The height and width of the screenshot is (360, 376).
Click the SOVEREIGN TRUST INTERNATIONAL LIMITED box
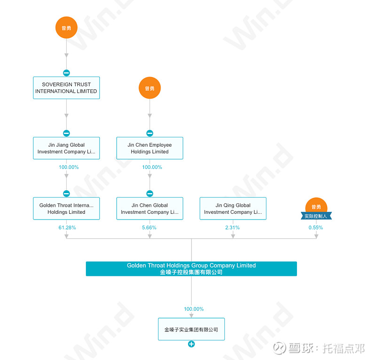(66, 88)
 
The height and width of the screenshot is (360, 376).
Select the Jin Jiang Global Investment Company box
(66, 148)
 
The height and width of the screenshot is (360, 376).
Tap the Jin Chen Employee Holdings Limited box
(149, 148)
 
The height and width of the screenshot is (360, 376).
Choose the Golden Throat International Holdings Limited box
(66, 209)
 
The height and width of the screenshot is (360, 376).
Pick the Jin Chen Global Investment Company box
(149, 209)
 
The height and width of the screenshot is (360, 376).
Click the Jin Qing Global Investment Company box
(233, 209)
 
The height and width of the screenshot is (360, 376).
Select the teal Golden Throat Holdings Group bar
(191, 268)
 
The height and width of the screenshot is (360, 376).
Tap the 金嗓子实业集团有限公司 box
(191, 329)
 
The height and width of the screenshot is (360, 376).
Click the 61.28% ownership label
(66, 227)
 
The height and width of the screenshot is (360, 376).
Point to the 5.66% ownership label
(149, 227)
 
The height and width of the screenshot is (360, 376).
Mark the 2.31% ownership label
(233, 227)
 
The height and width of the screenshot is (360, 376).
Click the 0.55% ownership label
(316, 227)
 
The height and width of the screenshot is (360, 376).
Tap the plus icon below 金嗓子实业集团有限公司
(191, 344)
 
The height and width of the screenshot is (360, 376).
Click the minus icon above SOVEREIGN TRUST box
(66, 73)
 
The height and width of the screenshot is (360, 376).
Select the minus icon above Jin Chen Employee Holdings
(149, 133)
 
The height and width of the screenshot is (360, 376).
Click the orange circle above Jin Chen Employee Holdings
(149, 88)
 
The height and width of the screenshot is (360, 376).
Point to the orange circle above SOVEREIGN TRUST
(66, 28)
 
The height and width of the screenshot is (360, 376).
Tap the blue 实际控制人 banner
(316, 216)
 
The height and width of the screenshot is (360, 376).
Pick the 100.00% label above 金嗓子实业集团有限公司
(194, 309)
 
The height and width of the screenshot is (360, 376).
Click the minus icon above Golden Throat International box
(66, 193)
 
